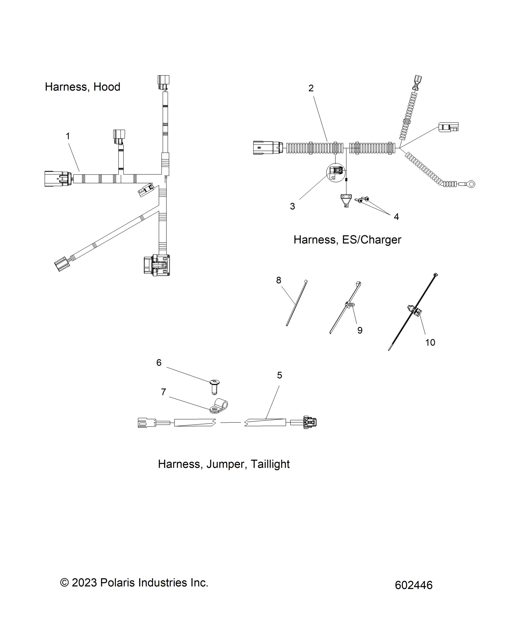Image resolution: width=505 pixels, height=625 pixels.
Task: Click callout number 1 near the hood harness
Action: (68, 136)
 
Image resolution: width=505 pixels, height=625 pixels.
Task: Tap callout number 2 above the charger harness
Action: (311, 88)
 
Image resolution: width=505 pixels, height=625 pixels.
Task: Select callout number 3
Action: (293, 206)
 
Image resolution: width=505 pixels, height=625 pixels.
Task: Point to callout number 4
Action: (396, 217)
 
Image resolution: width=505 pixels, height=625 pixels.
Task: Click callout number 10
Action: (430, 342)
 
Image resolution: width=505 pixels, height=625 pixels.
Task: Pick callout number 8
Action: (279, 280)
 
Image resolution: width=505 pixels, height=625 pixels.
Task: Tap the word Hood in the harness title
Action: (107, 87)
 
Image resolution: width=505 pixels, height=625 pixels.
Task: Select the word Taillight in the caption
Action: (270, 464)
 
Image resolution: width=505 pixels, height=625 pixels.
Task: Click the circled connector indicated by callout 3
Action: (336, 172)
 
